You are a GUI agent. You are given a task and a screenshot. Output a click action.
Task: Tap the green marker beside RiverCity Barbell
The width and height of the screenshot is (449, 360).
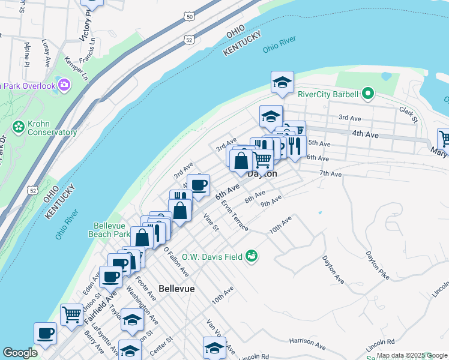368,94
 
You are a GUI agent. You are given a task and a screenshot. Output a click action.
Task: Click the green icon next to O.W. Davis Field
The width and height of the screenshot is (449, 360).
252,256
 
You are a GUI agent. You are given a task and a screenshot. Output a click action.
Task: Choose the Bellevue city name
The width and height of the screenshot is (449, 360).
177,289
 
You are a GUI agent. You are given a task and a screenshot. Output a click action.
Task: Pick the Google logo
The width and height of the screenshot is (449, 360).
20,353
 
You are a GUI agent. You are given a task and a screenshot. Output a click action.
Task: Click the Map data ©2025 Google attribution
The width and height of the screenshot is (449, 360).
412,355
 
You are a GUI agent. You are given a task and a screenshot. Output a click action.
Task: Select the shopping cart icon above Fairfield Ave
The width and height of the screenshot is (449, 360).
71,313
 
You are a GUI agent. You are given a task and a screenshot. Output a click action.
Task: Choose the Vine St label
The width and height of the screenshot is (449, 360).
211,222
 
